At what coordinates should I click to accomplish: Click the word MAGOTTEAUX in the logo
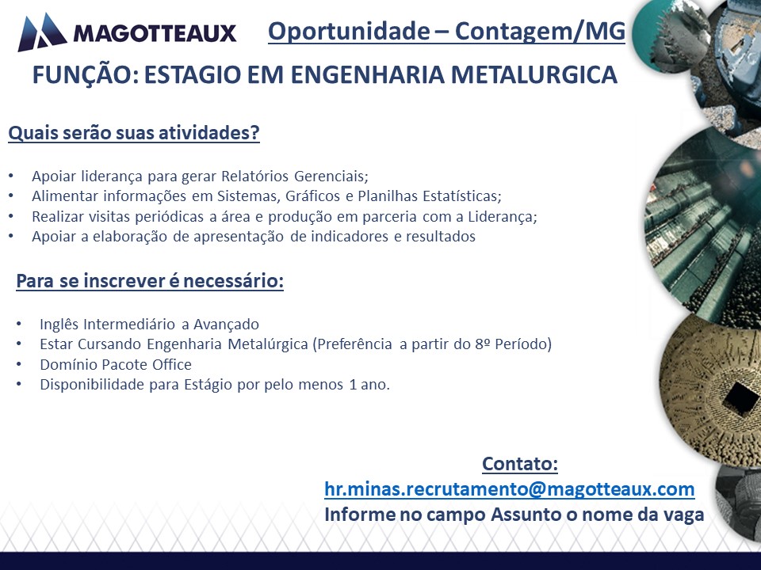click(155, 33)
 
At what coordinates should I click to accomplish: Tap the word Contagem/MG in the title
click(540, 32)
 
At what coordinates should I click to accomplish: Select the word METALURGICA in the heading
click(533, 74)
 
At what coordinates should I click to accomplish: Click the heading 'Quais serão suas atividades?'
click(134, 133)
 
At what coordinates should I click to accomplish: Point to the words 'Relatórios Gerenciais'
click(295, 176)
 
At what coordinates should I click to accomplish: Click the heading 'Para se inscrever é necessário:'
click(150, 281)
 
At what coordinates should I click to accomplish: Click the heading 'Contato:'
click(520, 464)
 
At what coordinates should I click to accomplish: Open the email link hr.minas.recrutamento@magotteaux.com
click(510, 489)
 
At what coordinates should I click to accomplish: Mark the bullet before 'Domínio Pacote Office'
click(19, 364)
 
